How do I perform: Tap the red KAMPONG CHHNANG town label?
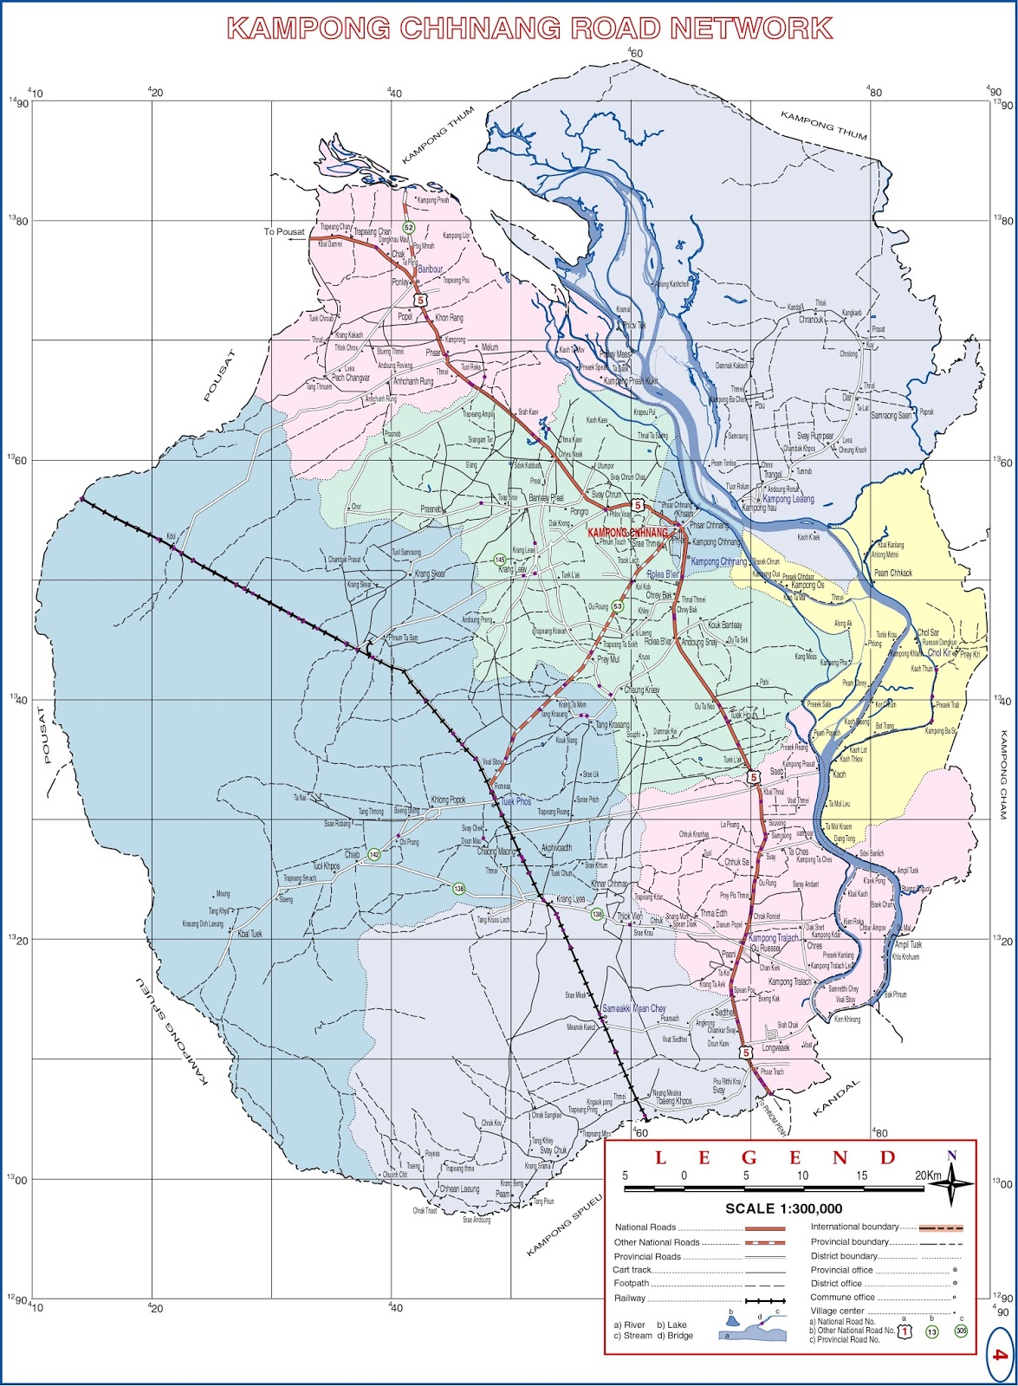click(x=628, y=531)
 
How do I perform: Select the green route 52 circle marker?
click(x=409, y=226)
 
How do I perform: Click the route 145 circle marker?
click(x=500, y=560)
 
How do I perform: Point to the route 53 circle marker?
click(x=617, y=606)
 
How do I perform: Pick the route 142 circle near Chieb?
click(x=373, y=855)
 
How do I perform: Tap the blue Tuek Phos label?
click(x=516, y=802)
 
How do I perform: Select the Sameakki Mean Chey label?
click(x=633, y=1009)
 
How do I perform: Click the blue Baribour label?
click(x=431, y=269)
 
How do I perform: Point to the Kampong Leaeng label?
click(x=788, y=500)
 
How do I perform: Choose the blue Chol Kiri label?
click(x=940, y=652)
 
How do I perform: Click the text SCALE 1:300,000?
click(x=783, y=1208)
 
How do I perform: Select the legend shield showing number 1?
click(x=905, y=1331)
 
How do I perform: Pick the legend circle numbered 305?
click(x=961, y=1331)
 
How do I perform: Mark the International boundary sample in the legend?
click(x=940, y=1227)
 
